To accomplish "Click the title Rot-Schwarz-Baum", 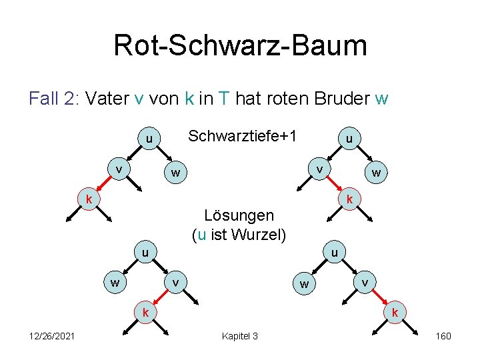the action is (x=240, y=45).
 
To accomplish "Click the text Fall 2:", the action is (x=54, y=99).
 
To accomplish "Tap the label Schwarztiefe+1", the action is (x=242, y=136).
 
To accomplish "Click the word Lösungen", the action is (x=239, y=215).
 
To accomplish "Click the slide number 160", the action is (x=443, y=336).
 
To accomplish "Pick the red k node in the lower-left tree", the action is (x=143, y=311).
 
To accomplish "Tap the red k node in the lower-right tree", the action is (x=395, y=312).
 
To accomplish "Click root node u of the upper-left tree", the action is (x=149, y=139).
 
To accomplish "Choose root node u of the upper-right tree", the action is (x=349, y=139).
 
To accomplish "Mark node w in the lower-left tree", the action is (x=115, y=282).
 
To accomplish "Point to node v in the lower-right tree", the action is (x=365, y=282).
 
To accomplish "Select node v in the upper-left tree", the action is (x=119, y=169).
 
